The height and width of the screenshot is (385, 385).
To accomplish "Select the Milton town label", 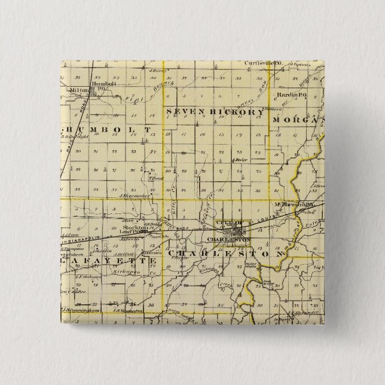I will coord(79,90).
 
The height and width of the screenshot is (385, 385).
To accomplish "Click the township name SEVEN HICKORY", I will coord(215,112).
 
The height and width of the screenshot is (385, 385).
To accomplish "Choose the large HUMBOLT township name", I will coord(104,129).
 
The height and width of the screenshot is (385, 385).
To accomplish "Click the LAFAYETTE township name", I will coord(100,261).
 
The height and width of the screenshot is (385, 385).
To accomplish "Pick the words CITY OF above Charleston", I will coord(230,223).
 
